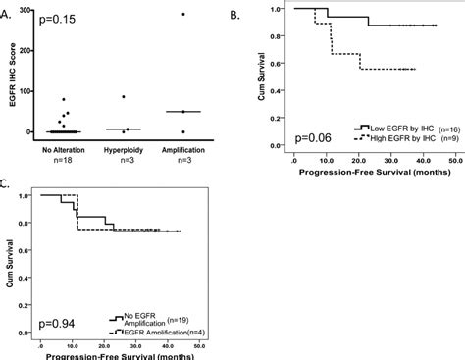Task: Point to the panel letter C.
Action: click(x=8, y=183)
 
